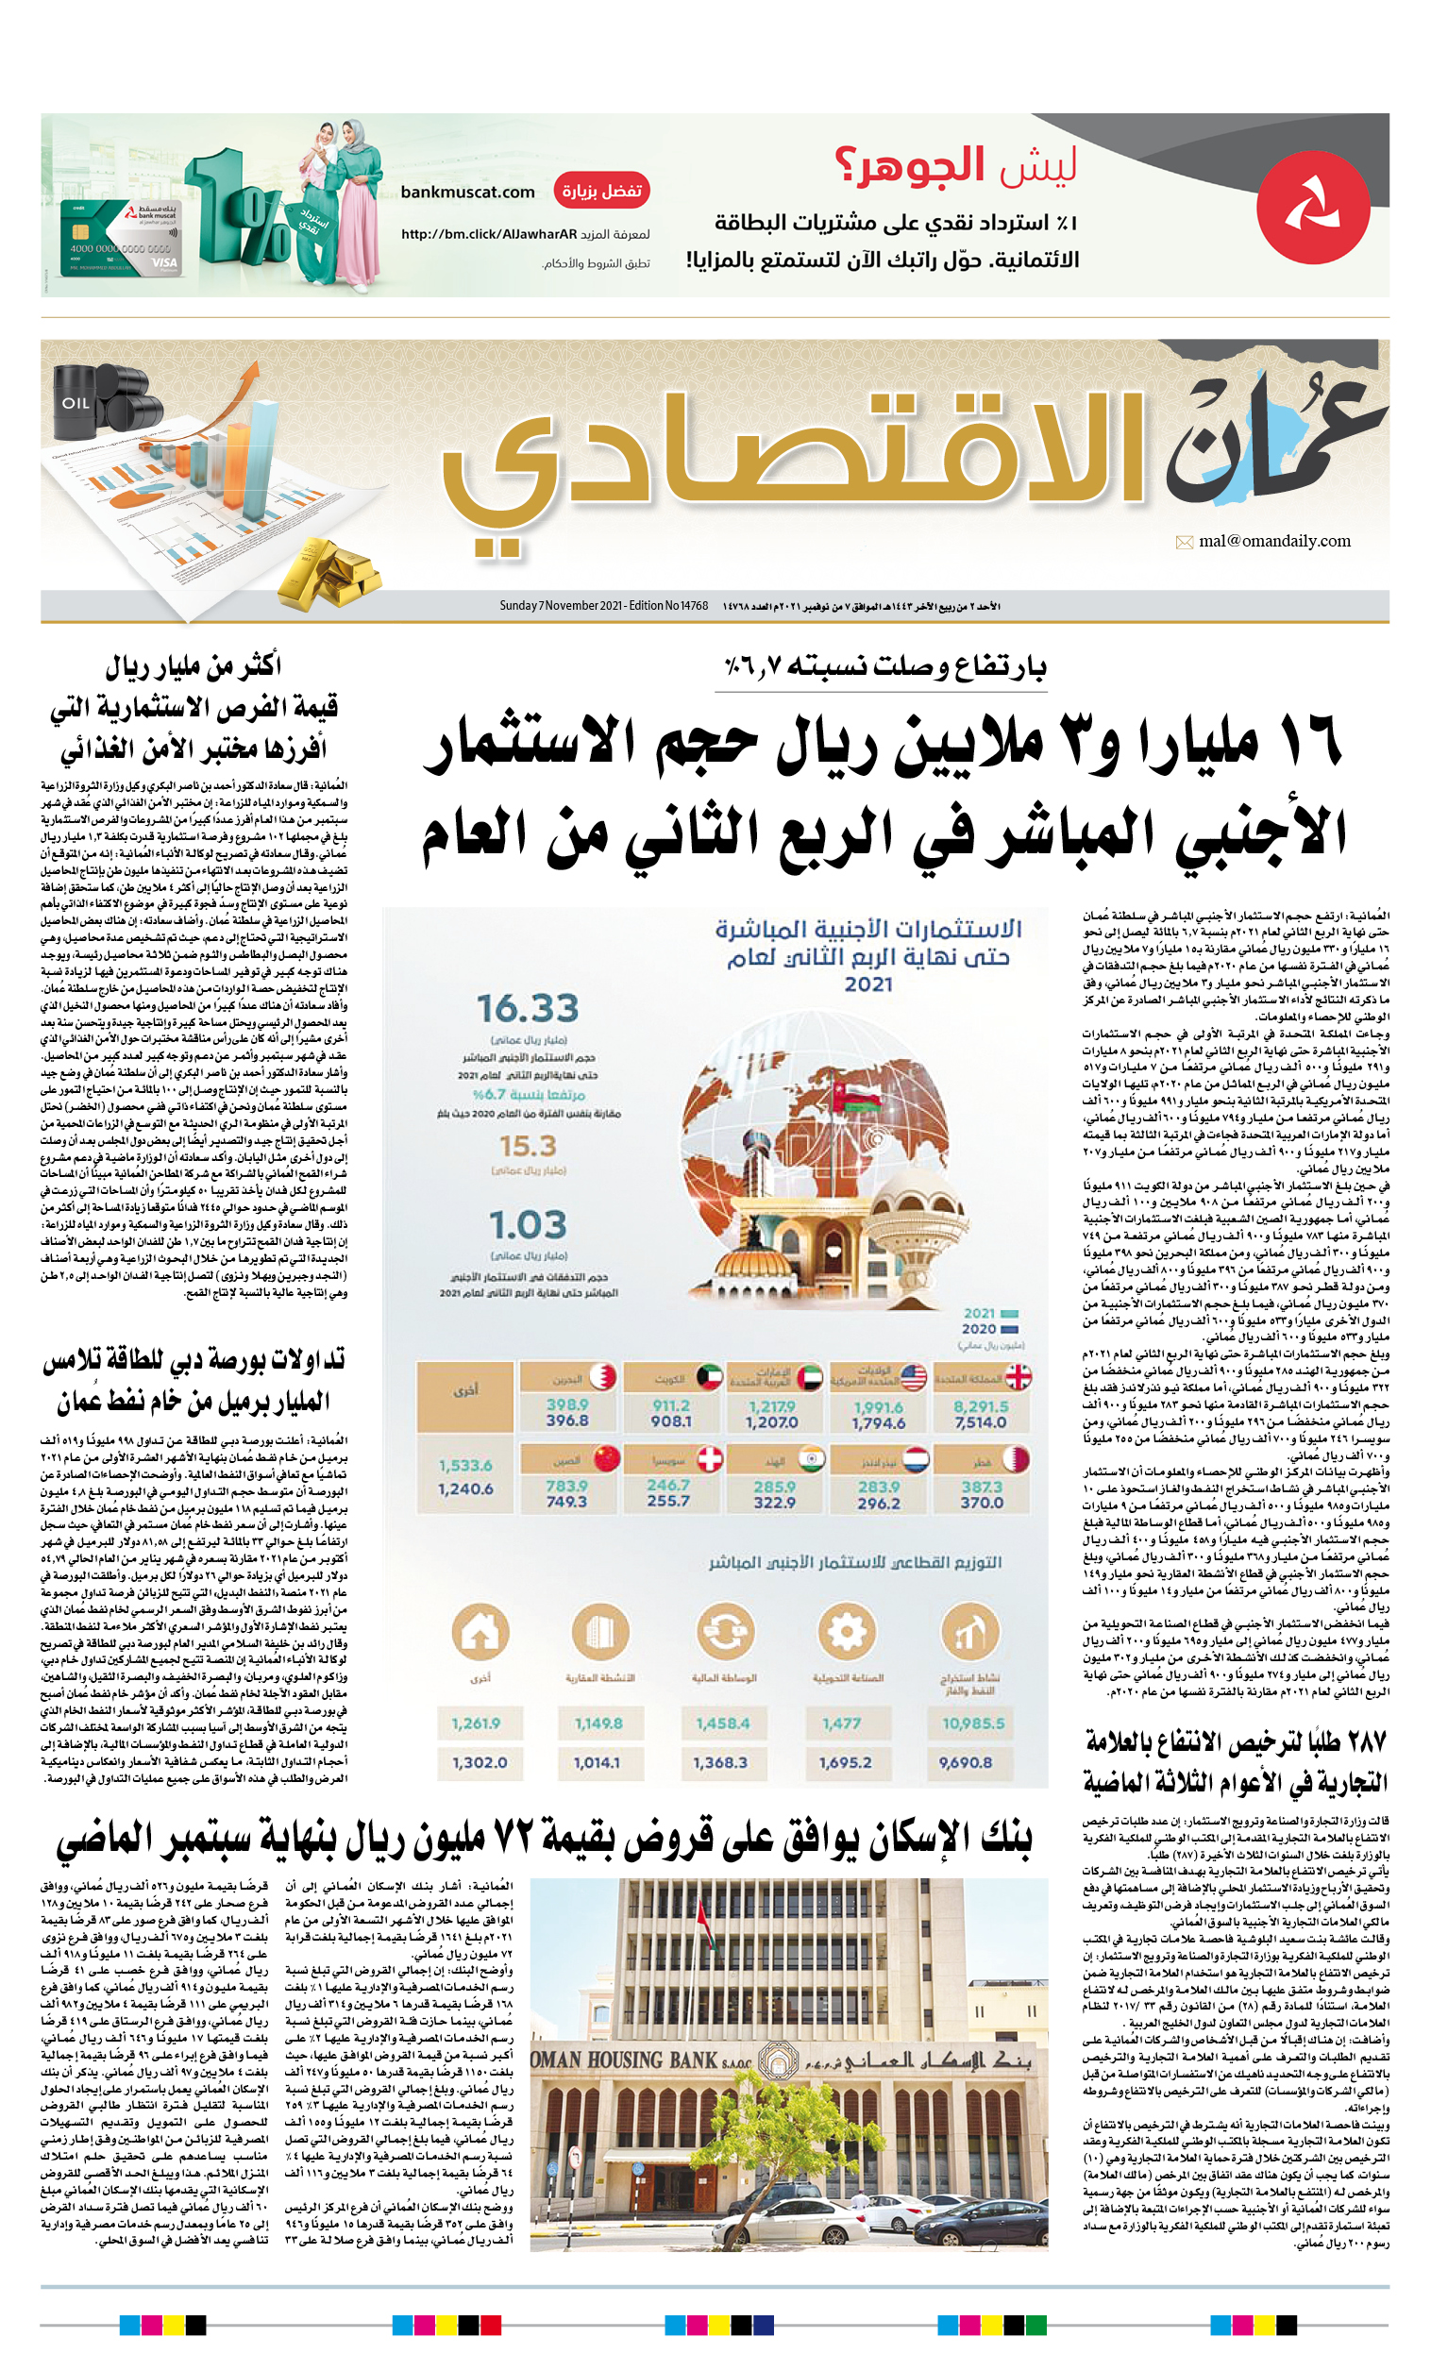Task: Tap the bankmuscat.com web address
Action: pos(467,192)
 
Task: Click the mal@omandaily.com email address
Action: pos(1273,541)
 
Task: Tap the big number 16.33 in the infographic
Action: pos(528,1008)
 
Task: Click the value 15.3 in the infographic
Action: pos(528,1146)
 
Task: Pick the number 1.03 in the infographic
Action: pos(528,1225)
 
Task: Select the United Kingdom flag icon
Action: pos(1018,1377)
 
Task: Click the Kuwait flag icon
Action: pos(709,1377)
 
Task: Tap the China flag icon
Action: pos(606,1459)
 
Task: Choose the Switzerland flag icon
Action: pos(709,1459)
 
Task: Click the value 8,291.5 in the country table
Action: pos(981,1405)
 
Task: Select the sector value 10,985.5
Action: pos(972,1724)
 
